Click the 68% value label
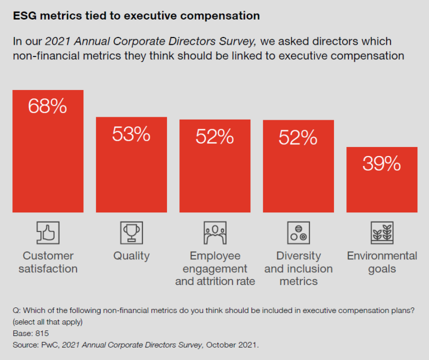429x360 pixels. [47, 106]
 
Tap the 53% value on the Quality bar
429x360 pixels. [131, 134]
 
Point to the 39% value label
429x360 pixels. [382, 163]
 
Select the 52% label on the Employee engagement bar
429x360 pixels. [214, 136]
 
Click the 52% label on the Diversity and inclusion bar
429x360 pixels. [298, 136]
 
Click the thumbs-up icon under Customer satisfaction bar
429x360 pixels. [47, 233]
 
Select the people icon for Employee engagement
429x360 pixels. [214, 233]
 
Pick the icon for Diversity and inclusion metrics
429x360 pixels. [298, 233]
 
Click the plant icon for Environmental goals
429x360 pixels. [382, 233]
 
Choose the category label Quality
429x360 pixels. [131, 256]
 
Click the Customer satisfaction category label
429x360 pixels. [47, 262]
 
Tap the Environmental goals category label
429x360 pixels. [382, 262]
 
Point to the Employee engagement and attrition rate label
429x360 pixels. [215, 268]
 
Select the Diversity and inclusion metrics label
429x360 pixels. [299, 268]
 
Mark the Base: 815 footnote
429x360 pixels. [30, 333]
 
